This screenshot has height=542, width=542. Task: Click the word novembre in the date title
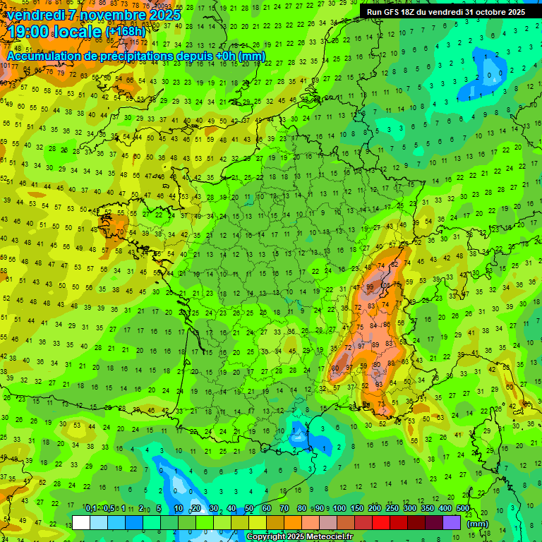(x=112, y=15)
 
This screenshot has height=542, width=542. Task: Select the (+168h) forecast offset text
(x=126, y=32)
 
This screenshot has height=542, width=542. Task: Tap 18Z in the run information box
(x=411, y=12)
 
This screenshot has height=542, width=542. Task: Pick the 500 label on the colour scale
(x=463, y=509)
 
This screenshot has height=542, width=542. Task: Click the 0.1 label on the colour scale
(x=90, y=509)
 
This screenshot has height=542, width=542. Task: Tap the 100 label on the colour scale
(x=339, y=509)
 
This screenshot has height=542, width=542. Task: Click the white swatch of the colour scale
(x=81, y=522)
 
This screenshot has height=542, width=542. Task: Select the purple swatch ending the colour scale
(x=452, y=522)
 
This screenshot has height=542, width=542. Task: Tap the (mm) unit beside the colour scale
(x=478, y=523)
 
